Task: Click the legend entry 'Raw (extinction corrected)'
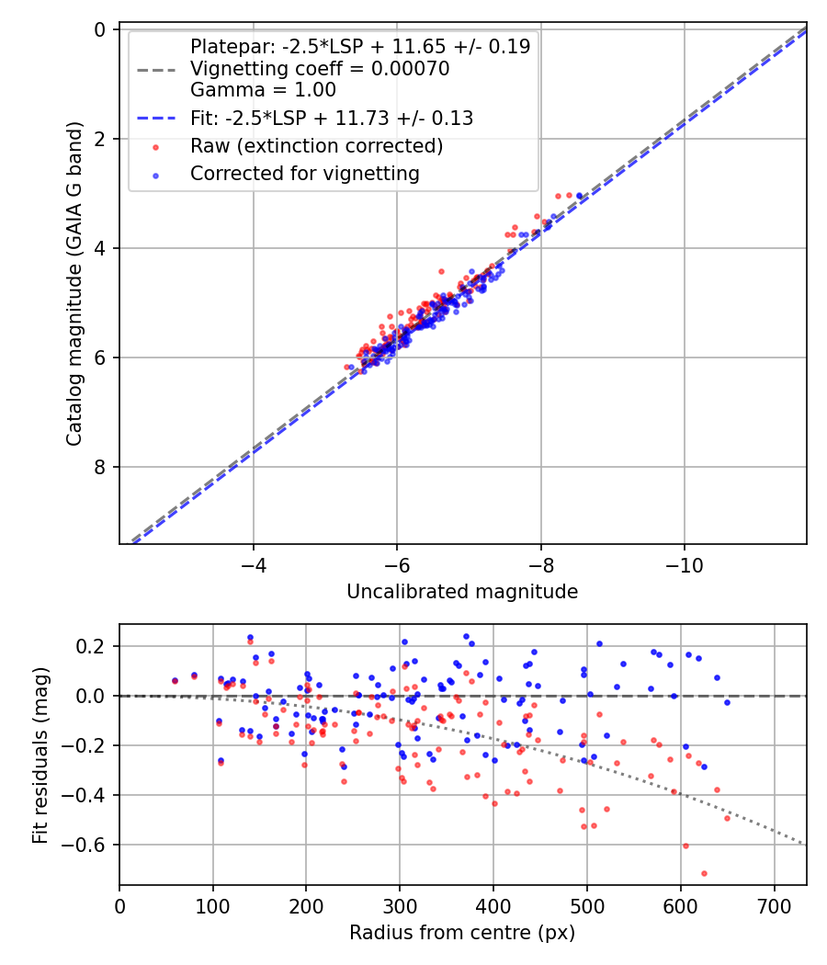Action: point(316,146)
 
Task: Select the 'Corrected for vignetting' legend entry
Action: point(304,173)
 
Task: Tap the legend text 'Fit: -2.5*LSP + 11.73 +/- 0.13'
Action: point(331,118)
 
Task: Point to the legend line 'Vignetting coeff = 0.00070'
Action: point(319,70)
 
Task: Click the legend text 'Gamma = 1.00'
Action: point(263,90)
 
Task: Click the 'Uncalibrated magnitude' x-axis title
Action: point(462,592)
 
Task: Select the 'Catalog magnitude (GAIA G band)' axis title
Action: point(75,286)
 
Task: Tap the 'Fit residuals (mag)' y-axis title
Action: point(40,755)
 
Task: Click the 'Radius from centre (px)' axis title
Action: point(462,933)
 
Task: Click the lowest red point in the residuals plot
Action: point(704,873)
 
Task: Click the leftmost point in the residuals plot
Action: point(175,681)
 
